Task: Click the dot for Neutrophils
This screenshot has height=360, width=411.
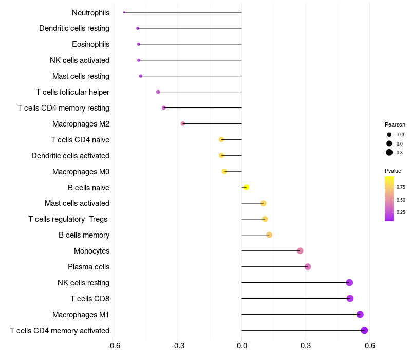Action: (124, 12)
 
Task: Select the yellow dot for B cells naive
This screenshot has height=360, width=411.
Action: (246, 187)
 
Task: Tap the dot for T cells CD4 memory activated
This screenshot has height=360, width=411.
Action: (364, 330)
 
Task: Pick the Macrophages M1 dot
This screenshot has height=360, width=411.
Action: (360, 314)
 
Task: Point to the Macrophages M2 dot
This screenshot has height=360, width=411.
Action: (183, 123)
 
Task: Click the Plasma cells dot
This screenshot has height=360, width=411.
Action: (308, 266)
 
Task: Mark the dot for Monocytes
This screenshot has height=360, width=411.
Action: (300, 251)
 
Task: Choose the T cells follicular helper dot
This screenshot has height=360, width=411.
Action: (158, 92)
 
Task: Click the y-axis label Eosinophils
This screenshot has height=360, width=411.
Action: (90, 44)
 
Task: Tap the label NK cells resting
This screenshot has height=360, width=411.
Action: (83, 283)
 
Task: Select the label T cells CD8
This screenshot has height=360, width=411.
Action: (90, 299)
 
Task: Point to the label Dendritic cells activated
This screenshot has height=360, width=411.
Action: (70, 156)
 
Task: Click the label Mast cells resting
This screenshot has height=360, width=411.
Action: (81, 76)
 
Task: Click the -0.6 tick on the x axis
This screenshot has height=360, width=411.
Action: (114, 345)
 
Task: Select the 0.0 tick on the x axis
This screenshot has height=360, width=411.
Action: (241, 345)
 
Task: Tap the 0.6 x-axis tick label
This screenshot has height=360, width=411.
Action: (369, 345)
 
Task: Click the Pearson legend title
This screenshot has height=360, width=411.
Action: (395, 124)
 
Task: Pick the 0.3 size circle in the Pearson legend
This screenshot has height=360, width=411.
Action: (389, 152)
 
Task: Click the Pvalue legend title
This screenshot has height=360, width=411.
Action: (393, 171)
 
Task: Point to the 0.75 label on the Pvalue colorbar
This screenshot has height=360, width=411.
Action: (401, 187)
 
